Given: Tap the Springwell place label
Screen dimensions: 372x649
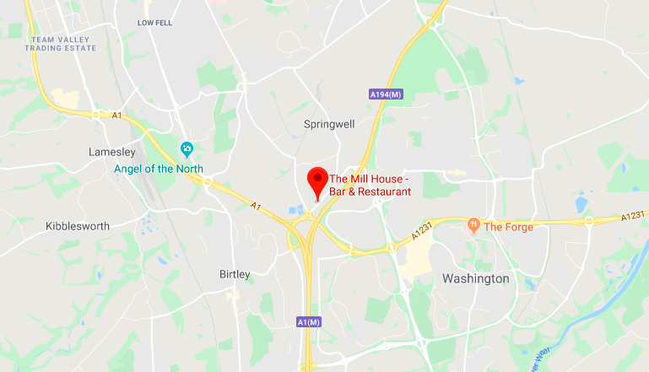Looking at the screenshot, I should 329,124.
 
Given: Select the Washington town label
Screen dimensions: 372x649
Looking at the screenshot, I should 476,278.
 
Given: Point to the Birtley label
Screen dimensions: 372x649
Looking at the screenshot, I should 235,274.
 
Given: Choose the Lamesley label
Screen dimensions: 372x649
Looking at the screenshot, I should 112,152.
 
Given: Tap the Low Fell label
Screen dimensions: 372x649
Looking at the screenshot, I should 154,23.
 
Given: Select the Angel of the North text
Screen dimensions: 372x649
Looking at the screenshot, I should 160,169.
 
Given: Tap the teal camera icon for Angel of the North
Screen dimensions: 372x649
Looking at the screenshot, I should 187,150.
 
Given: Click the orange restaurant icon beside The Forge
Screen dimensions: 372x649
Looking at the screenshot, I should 473,225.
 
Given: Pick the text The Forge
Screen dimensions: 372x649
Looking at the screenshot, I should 508,226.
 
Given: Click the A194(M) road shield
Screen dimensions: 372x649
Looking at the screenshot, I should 387,94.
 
